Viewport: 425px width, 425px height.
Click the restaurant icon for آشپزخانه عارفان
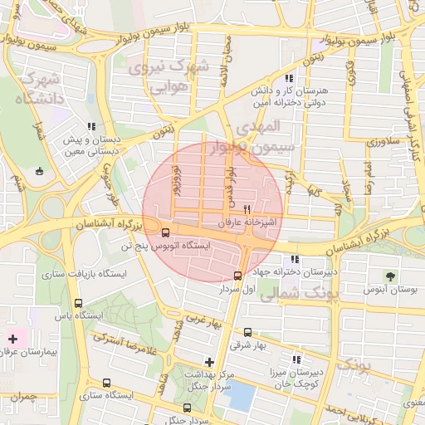tap(247, 209)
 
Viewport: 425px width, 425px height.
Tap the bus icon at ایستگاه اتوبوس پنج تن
tap(165, 233)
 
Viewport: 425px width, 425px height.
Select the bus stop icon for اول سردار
tap(238, 276)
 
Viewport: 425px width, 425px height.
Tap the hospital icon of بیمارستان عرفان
tap(12, 339)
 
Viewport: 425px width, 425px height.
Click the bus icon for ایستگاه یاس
tap(78, 304)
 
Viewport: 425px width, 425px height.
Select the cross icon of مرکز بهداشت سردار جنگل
tap(209, 362)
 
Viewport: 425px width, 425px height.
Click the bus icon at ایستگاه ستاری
tap(106, 383)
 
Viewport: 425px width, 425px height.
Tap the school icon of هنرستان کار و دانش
tap(288, 78)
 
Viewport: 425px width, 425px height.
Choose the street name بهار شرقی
tap(245, 343)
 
